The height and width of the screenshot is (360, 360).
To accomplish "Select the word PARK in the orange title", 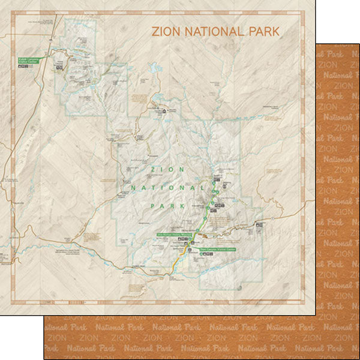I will point(263,31).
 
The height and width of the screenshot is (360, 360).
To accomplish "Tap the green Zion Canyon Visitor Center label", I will point(218,248).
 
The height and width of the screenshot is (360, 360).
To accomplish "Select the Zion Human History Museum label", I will point(174,235).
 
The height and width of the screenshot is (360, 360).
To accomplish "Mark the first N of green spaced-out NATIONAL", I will point(132,188).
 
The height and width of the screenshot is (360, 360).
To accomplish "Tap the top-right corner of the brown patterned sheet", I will point(359,43).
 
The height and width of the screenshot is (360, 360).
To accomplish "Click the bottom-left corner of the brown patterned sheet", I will point(44,358).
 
